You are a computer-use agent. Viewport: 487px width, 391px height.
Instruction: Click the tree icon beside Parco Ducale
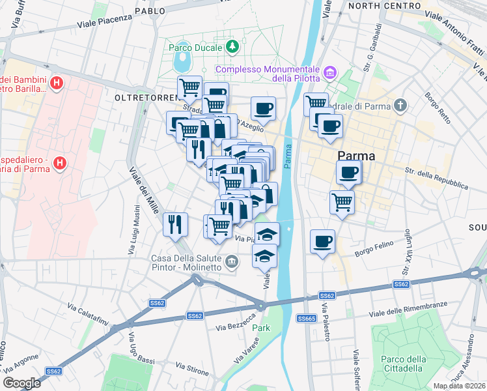[232, 47]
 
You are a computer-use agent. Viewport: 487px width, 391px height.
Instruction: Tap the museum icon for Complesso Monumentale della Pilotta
[329, 71]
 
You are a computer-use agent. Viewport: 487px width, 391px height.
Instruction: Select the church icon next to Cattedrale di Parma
[400, 106]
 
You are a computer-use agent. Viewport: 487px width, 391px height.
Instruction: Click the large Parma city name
[357, 156]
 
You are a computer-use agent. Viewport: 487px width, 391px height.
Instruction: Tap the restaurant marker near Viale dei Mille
[175, 224]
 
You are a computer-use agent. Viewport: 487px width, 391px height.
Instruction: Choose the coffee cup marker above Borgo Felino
[323, 241]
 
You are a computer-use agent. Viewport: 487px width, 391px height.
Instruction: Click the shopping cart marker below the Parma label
[342, 202]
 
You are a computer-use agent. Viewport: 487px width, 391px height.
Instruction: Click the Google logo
[21, 383]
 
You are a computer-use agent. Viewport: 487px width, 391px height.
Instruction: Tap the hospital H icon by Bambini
[57, 83]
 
